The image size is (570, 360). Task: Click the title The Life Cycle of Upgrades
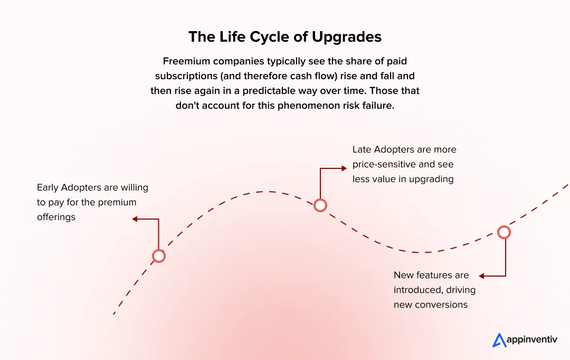(285, 37)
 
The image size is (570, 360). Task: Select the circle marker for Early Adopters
(158, 256)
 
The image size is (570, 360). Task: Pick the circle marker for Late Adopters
(320, 205)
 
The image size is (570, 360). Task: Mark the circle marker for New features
(504, 232)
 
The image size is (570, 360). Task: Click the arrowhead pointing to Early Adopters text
(135, 219)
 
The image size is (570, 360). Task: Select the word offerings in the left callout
(56, 217)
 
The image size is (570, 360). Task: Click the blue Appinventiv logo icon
(499, 340)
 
